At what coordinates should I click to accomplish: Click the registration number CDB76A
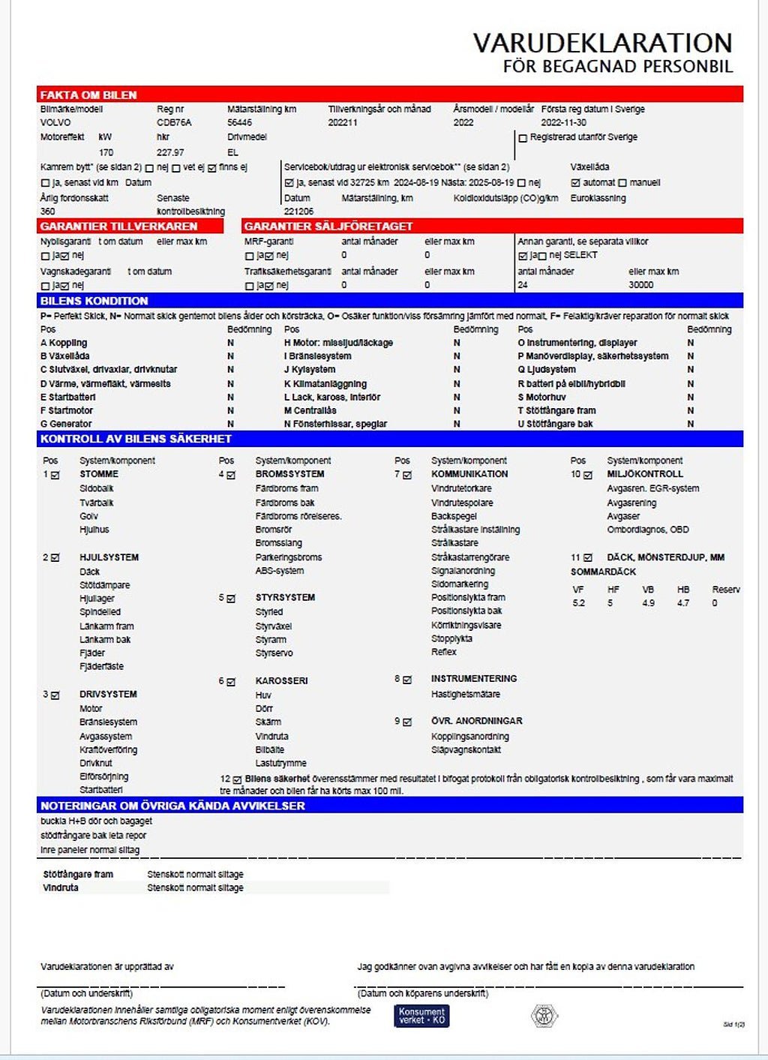[174, 122]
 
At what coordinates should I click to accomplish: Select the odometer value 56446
[239, 122]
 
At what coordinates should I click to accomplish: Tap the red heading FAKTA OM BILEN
[88, 95]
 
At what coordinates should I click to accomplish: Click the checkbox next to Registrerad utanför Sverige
[523, 138]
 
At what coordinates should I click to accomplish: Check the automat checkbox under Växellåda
[575, 182]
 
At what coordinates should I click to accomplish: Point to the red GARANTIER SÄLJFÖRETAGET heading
[328, 226]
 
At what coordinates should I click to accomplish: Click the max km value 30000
[640, 285]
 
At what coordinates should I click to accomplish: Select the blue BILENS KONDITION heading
[94, 301]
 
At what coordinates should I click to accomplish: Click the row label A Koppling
[64, 343]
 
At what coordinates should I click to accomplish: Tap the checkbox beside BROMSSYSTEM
[231, 475]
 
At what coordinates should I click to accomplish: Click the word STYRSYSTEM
[285, 598]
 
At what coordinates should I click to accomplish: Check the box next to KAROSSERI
[231, 682]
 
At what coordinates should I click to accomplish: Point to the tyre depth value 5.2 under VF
[578, 603]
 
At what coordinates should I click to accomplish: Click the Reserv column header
[725, 590]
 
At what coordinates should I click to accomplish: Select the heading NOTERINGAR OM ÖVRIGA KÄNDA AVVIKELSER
[172, 806]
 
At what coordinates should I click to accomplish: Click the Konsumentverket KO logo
[421, 1016]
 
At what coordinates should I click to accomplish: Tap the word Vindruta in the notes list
[61, 887]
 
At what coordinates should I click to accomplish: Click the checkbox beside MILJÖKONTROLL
[588, 475]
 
